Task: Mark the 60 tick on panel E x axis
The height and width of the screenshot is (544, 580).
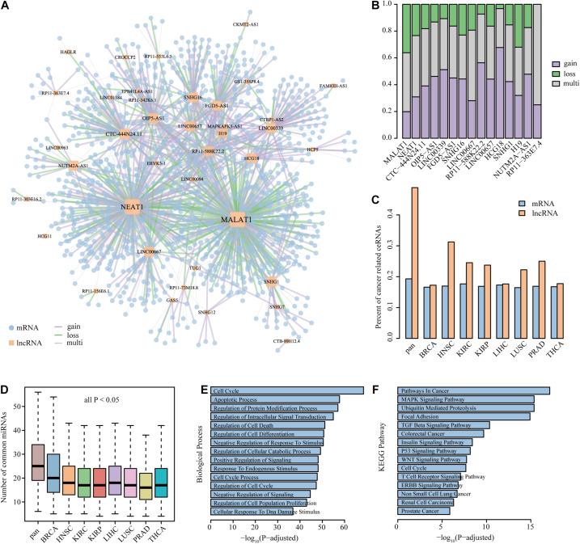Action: tap(343, 527)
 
